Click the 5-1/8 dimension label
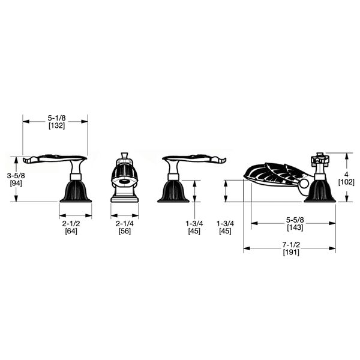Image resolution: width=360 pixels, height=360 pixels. coord(56,118)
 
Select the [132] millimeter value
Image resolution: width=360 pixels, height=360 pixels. coord(56,125)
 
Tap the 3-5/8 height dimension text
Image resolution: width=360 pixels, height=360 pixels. coord(16,176)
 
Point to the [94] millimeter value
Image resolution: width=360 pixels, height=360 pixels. coord(16,183)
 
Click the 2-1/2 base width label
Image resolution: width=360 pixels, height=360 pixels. coord(71,223)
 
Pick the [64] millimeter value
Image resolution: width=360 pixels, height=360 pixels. coord(71,231)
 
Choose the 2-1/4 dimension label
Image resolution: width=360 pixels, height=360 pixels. coord(124,223)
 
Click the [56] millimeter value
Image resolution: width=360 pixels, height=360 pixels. coord(124,231)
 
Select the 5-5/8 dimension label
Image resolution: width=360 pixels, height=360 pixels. coord(295,220)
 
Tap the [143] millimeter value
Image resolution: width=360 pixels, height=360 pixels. coord(295,227)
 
